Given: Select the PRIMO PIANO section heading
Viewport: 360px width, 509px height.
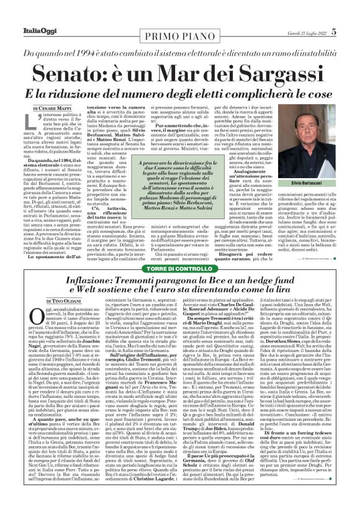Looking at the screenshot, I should [x=180, y=32].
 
